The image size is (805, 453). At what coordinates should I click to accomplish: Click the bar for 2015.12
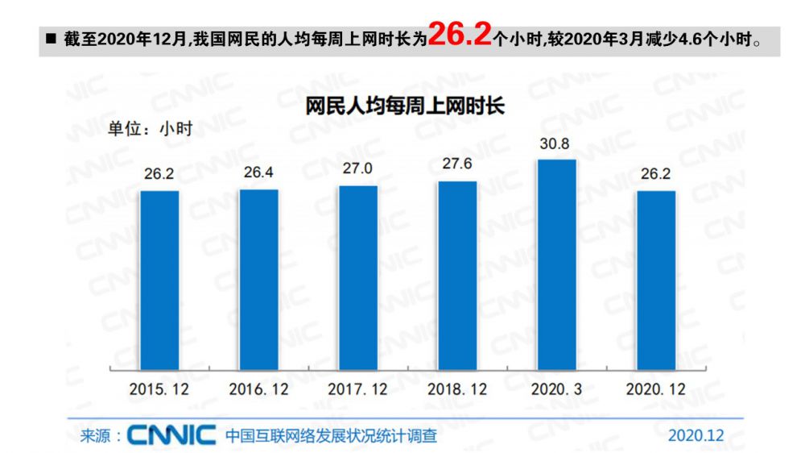click(x=159, y=280)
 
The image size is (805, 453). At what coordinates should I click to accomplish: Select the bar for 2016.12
click(x=258, y=280)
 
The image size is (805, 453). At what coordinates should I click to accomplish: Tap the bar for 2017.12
click(x=357, y=278)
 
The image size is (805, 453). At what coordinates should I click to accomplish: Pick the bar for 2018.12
click(x=457, y=276)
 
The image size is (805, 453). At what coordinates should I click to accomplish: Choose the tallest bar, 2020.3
click(x=556, y=264)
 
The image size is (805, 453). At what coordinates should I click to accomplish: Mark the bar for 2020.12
click(x=655, y=280)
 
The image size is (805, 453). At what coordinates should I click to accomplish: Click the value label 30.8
click(x=556, y=145)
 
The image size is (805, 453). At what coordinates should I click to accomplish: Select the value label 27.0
click(x=357, y=171)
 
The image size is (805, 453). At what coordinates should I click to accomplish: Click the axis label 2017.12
click(x=357, y=389)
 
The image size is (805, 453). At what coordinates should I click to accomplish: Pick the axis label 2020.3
click(x=556, y=389)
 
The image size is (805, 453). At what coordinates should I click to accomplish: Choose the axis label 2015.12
click(x=159, y=389)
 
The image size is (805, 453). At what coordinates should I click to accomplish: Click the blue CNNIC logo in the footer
click(x=171, y=436)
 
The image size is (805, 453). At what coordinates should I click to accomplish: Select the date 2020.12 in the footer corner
click(x=696, y=435)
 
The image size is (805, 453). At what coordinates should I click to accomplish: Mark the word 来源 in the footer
click(x=96, y=436)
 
